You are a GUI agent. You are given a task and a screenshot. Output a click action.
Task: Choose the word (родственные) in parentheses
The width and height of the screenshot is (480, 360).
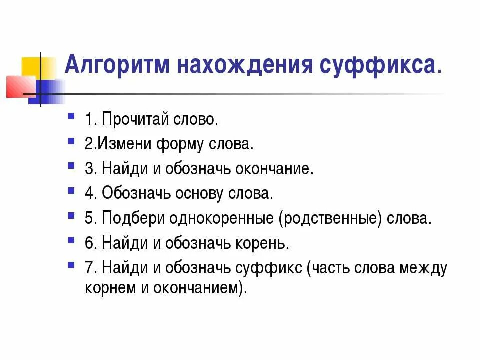click(x=330, y=218)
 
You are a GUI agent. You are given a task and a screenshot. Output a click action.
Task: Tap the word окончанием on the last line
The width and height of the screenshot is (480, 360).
click(x=203, y=288)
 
